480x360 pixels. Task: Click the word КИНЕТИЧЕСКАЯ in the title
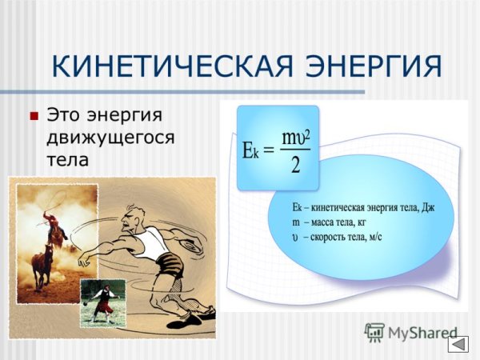(x=164, y=66)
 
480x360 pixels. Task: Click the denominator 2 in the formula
(x=295, y=166)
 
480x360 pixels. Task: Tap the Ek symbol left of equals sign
(x=250, y=150)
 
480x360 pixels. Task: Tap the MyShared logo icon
(x=374, y=333)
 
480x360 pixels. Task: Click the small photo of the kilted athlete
(x=102, y=302)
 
